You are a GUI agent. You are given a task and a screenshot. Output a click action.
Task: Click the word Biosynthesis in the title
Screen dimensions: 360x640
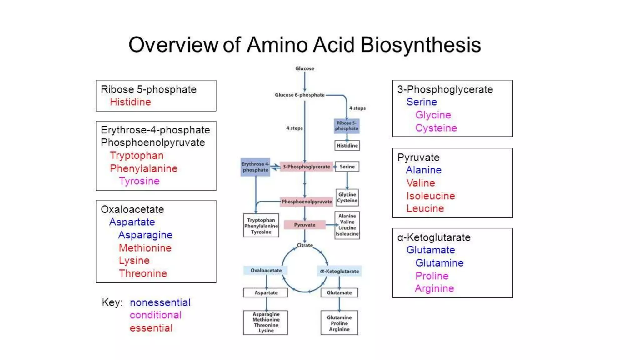[x=420, y=45]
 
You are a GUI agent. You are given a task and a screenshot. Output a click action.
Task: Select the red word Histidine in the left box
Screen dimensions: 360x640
[x=130, y=102]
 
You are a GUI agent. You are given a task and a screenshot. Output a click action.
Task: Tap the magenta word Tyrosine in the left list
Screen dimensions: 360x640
[x=139, y=181]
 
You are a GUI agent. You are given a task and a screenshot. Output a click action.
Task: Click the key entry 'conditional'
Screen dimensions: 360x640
[x=155, y=315]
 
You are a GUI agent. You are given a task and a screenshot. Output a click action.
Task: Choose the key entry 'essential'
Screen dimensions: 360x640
[x=151, y=328]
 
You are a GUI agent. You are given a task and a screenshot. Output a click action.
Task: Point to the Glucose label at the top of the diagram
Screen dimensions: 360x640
[x=304, y=68]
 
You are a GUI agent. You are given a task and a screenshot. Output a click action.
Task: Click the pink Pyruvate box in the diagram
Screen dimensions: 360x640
[x=304, y=225]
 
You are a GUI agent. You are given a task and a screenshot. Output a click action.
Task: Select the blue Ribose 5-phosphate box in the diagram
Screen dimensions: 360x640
[x=347, y=126]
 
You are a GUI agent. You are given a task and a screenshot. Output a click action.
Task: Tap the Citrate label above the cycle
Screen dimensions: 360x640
[x=304, y=245]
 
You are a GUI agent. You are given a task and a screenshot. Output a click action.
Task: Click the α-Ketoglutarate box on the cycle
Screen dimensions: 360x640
[x=339, y=271]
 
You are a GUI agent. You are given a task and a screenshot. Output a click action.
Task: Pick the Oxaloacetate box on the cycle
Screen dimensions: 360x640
[x=266, y=270]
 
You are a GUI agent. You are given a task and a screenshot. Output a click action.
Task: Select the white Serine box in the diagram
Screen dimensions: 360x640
[x=347, y=167]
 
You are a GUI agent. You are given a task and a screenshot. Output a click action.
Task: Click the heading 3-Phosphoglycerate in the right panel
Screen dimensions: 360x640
[x=445, y=89]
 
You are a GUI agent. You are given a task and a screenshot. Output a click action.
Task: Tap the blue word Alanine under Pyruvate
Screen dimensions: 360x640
[x=423, y=170]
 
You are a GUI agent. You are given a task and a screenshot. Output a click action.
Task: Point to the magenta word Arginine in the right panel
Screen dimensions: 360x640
[x=434, y=288]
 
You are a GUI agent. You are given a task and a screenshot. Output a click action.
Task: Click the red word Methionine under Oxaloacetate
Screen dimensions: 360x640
[x=145, y=248]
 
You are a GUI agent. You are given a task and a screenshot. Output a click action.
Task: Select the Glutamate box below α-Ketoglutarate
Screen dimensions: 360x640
[x=339, y=293]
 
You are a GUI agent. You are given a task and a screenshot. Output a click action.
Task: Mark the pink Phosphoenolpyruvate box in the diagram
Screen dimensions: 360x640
[x=307, y=202]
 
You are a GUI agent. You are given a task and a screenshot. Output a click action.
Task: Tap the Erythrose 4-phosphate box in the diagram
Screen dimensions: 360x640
[x=255, y=167]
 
